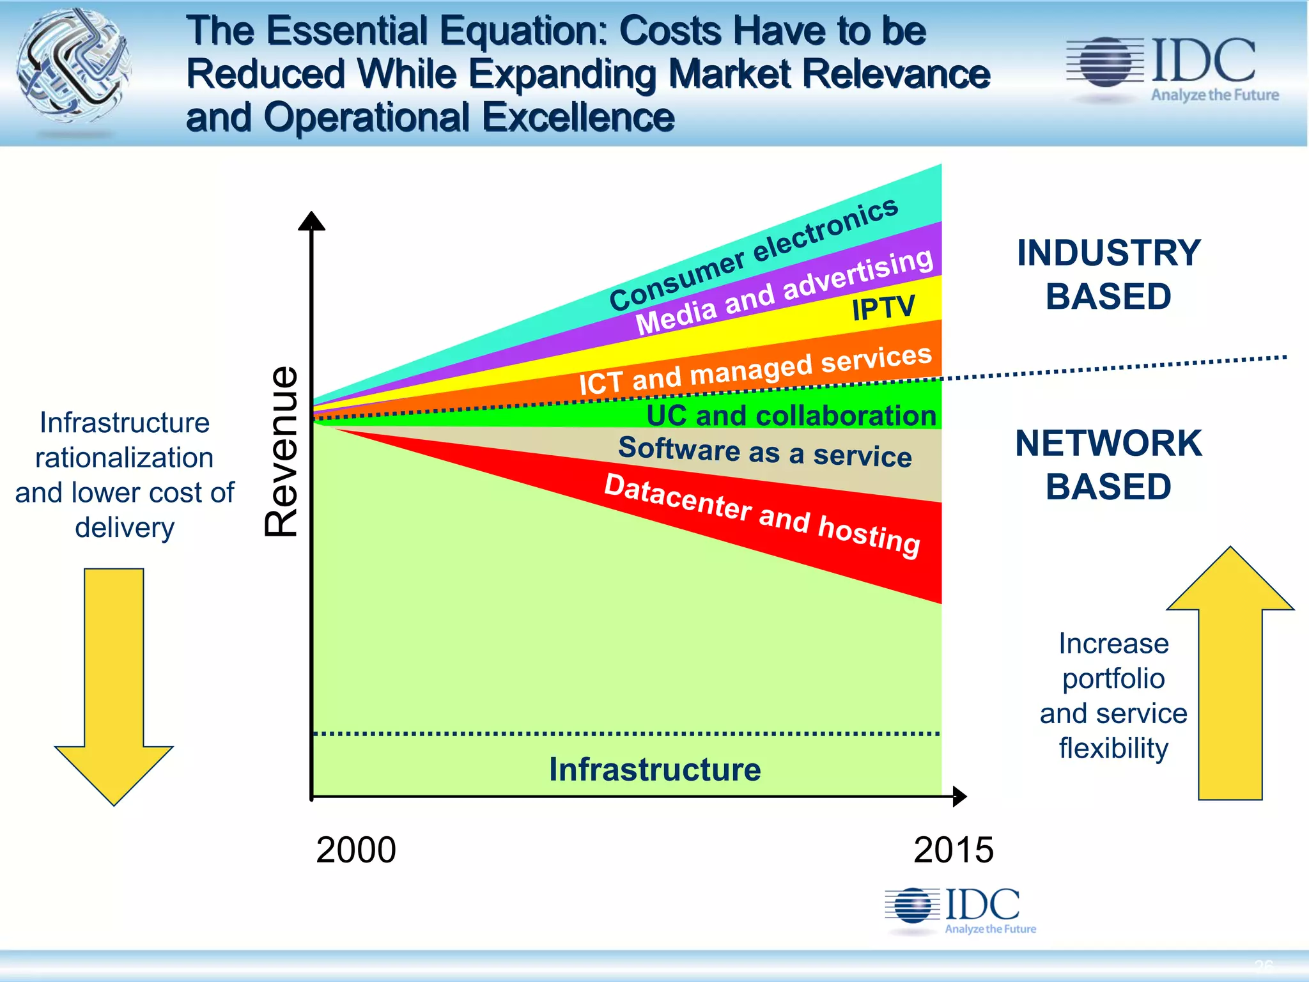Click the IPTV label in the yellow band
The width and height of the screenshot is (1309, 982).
pos(883,308)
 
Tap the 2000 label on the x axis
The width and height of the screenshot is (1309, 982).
pos(356,850)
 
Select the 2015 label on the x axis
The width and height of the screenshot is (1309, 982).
pos(953,850)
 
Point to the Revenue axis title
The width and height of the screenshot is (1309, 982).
pos(282,451)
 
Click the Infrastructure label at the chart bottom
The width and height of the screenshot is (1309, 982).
pos(654,769)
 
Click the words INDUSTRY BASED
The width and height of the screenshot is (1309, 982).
pos(1108,274)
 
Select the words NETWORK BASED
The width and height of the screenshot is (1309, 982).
pos(1108,465)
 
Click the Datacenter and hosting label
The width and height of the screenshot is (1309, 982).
pos(762,515)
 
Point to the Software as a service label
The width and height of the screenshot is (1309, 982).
pos(764,451)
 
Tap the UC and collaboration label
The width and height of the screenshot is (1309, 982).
pos(791,416)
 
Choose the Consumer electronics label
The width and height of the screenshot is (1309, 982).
pos(753,254)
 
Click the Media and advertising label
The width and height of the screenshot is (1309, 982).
pos(784,292)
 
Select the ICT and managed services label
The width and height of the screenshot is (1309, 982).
pos(755,370)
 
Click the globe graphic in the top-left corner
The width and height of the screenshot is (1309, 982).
pos(74,65)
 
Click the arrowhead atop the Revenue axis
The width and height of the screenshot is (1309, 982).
pos(311,221)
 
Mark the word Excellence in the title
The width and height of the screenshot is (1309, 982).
pos(578,118)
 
